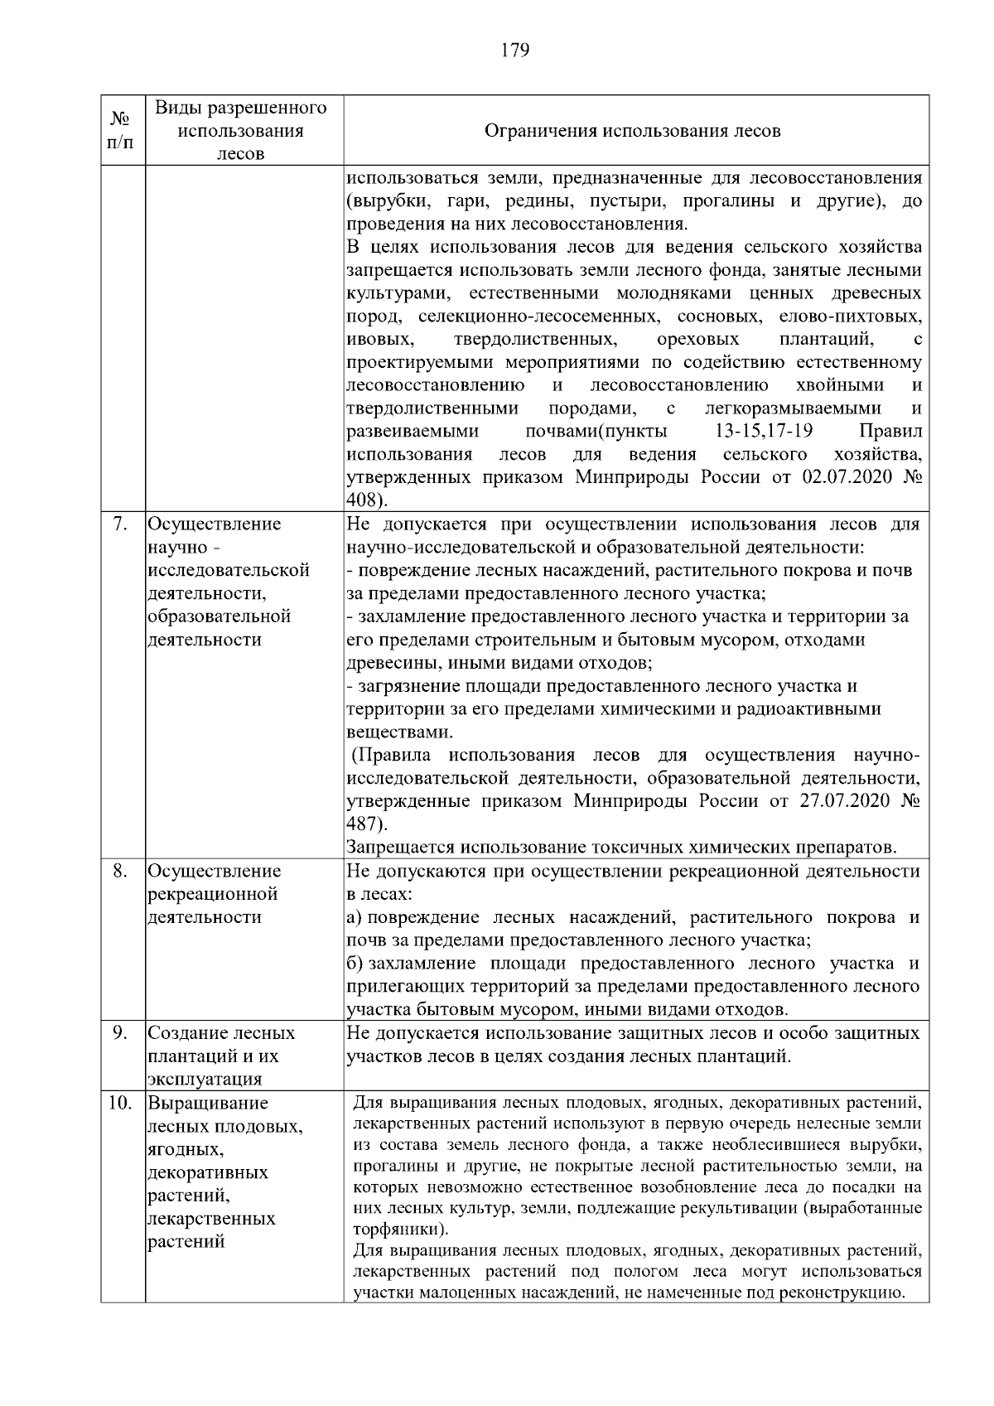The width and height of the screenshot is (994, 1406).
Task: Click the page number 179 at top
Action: click(x=514, y=50)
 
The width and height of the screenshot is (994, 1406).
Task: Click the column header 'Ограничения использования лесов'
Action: click(x=631, y=131)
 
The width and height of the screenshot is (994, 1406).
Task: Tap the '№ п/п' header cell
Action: click(x=122, y=131)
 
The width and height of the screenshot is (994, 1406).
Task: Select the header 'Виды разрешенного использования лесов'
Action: click(x=241, y=131)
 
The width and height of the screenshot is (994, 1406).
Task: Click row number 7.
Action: click(x=120, y=524)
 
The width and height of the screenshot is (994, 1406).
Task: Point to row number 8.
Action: click(x=120, y=872)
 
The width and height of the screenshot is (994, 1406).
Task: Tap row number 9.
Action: click(x=120, y=1034)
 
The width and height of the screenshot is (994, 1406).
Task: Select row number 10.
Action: click(x=120, y=1104)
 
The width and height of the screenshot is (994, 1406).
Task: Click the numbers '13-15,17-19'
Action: click(x=763, y=432)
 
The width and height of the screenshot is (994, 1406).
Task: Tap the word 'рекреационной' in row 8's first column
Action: click(x=211, y=895)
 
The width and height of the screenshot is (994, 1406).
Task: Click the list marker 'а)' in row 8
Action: click(x=355, y=918)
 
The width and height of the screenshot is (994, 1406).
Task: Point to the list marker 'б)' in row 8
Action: click(x=355, y=964)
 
